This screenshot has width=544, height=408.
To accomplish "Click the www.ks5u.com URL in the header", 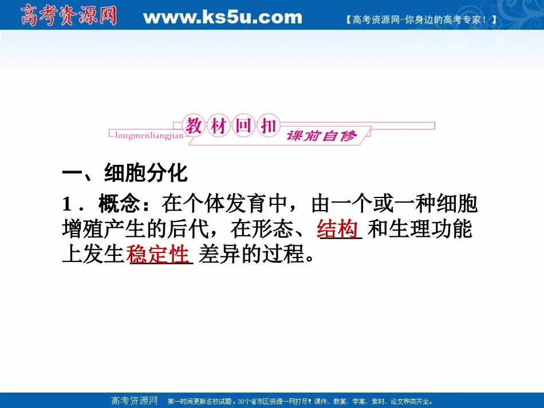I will (222, 17).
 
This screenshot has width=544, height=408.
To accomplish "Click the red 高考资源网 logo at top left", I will (68, 15).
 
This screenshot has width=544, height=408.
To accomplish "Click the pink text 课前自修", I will (322, 136).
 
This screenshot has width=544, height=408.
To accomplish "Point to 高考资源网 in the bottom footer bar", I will (133, 401).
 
